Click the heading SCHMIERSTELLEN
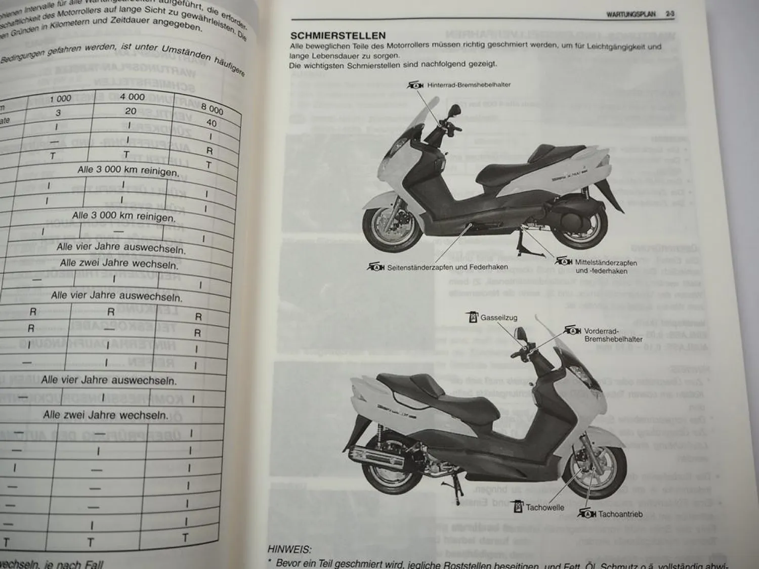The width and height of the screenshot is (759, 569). click(x=338, y=36)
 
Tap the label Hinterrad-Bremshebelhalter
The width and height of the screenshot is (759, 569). click(x=469, y=85)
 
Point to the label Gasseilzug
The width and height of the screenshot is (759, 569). click(x=498, y=318)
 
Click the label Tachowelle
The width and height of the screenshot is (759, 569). click(x=544, y=507)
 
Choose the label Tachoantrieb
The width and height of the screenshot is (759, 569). click(x=620, y=514)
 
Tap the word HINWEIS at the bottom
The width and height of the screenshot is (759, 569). click(x=289, y=550)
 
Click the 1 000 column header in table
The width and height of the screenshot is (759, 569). click(x=60, y=99)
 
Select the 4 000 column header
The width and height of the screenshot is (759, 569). click(x=133, y=97)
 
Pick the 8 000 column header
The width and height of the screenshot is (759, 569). click(x=212, y=109)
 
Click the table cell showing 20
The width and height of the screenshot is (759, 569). click(x=131, y=111)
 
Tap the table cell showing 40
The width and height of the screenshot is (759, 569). click(x=212, y=123)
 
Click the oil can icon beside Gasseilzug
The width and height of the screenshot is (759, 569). click(x=473, y=318)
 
